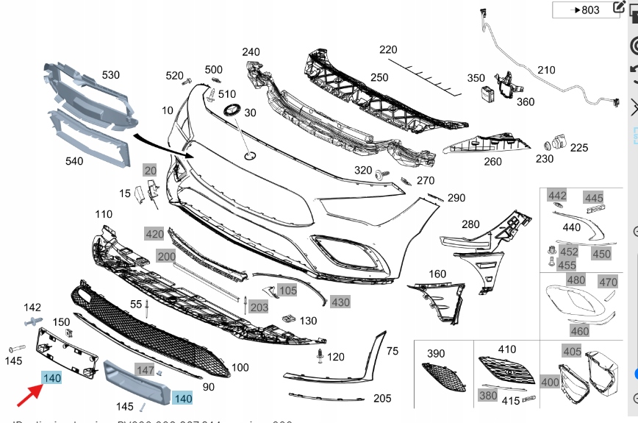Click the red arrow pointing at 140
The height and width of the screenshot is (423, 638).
pos(29,396)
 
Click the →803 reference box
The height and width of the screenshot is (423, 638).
pos(585,10)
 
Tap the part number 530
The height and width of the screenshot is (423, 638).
pos(110,75)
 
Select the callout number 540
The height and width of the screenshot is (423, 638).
pos(74,161)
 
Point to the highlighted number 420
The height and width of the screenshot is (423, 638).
pos(154,234)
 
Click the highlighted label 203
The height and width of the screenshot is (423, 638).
pos(259,307)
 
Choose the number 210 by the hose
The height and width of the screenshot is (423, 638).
pos(546,70)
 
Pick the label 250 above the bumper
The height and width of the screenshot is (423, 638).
pos(379,77)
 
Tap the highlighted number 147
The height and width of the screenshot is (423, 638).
pos(145,370)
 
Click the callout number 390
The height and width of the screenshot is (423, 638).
pos(437,354)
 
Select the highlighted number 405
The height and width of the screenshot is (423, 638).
pos(572,351)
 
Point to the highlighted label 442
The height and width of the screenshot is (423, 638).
pos(557,195)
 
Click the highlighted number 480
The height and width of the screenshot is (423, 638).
pos(576,280)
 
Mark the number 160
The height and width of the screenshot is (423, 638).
pos(437,274)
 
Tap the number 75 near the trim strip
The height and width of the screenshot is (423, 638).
pos(392,351)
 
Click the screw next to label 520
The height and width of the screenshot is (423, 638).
pos(187,79)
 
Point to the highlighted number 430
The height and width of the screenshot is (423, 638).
pos(340,302)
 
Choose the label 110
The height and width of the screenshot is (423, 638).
pos(104,214)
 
